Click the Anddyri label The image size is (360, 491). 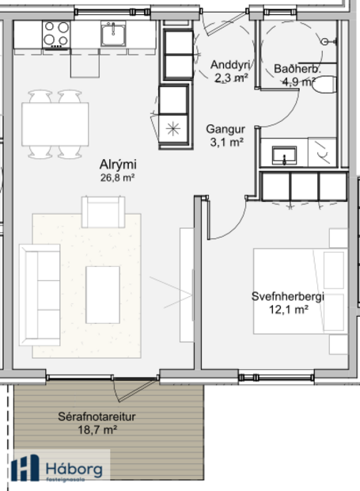[230, 65]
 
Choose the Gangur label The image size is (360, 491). [225, 129]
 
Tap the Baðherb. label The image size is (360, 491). [297, 69]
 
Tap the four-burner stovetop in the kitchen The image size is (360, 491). [55, 34]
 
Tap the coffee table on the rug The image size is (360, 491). [102, 294]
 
